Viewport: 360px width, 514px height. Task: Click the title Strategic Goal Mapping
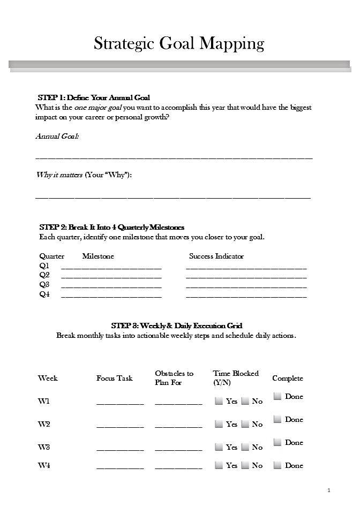[x=179, y=43]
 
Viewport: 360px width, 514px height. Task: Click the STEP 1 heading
[x=94, y=97]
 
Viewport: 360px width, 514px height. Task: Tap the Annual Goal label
[x=57, y=136]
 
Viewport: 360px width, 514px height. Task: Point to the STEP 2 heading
[x=111, y=227]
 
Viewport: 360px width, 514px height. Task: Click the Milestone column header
[x=98, y=256]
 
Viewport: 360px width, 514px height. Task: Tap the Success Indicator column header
[x=216, y=256]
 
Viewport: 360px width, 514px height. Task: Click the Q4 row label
[x=44, y=294]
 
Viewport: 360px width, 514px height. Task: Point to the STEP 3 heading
[x=177, y=326]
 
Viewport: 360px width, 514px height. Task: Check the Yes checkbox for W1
[x=219, y=400]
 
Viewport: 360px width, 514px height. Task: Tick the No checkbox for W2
[x=245, y=424]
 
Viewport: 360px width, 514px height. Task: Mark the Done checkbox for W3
[x=277, y=442]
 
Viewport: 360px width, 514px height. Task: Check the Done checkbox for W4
[x=277, y=465]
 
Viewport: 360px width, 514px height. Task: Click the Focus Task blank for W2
[x=120, y=426]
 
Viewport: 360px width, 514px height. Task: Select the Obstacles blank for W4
[x=178, y=467]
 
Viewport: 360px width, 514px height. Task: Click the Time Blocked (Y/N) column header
[x=236, y=377]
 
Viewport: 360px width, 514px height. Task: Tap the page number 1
[x=329, y=490]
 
